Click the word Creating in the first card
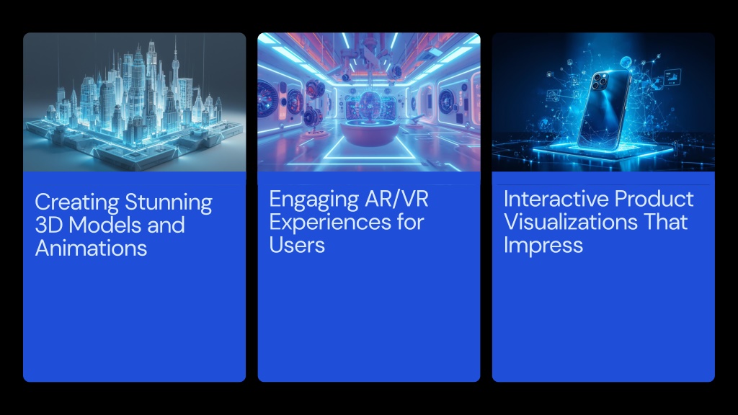(x=76, y=202)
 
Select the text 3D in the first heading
(x=49, y=225)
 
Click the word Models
(x=105, y=225)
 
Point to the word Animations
(x=91, y=248)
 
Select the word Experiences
(x=330, y=223)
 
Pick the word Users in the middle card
(x=297, y=245)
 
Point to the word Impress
(x=543, y=246)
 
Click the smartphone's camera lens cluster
(x=599, y=81)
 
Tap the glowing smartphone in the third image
(x=603, y=110)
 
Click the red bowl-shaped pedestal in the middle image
(x=369, y=132)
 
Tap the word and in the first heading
(x=166, y=225)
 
